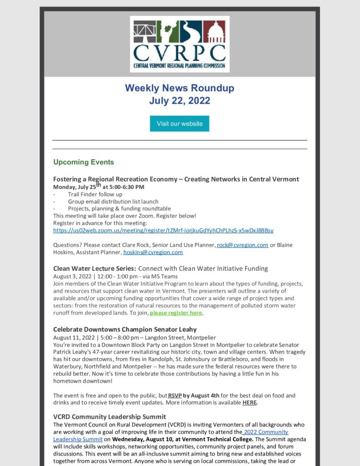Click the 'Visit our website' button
pos(179,123)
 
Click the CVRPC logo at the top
pos(180,44)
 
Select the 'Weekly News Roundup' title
pos(180,88)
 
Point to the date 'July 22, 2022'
pos(180,100)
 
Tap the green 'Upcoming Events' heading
pos(84,162)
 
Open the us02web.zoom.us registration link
pos(163,230)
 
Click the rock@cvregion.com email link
pos(243,245)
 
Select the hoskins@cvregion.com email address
pos(153,252)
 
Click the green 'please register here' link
pos(176,313)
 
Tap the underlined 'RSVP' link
pos(175,395)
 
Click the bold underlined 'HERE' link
pos(249,403)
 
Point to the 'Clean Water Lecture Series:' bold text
pos(95,268)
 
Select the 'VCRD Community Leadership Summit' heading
pos(110,417)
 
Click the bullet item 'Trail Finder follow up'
pos(95,194)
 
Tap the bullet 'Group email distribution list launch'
pos(113,202)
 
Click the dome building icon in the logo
pos(214,31)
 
